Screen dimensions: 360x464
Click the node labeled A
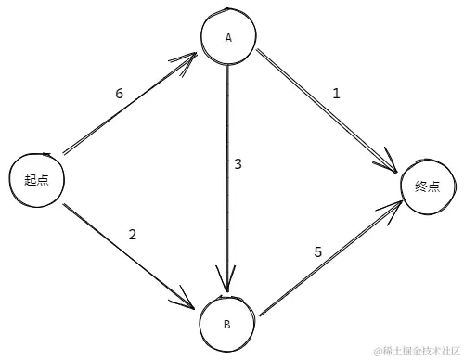(x=228, y=37)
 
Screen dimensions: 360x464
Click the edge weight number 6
(x=119, y=94)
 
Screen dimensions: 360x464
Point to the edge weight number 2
(x=133, y=234)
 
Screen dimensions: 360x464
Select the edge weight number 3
(x=238, y=164)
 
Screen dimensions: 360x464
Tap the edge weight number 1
(x=336, y=93)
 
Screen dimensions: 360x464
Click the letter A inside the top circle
(x=227, y=38)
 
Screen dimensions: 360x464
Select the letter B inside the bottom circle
(x=226, y=324)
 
